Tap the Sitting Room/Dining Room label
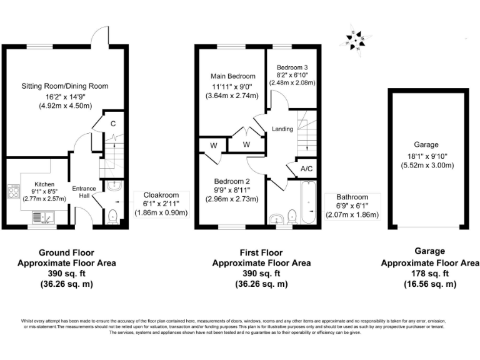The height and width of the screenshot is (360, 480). pos(65,86)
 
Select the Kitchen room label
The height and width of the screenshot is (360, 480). pos(44,184)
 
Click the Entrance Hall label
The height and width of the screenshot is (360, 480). pos(83,192)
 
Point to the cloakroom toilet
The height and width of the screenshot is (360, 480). pos(112,216)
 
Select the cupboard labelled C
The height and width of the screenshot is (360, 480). pos(112,124)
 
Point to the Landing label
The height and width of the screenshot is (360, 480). pos(282,129)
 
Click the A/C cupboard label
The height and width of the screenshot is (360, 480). pos(306,168)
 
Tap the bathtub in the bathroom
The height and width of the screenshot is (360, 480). pos(308,204)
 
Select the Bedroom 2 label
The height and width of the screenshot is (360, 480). pos(232,181)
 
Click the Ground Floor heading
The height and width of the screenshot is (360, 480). pos(66,253)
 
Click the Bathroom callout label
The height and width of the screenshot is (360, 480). pos(353,197)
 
